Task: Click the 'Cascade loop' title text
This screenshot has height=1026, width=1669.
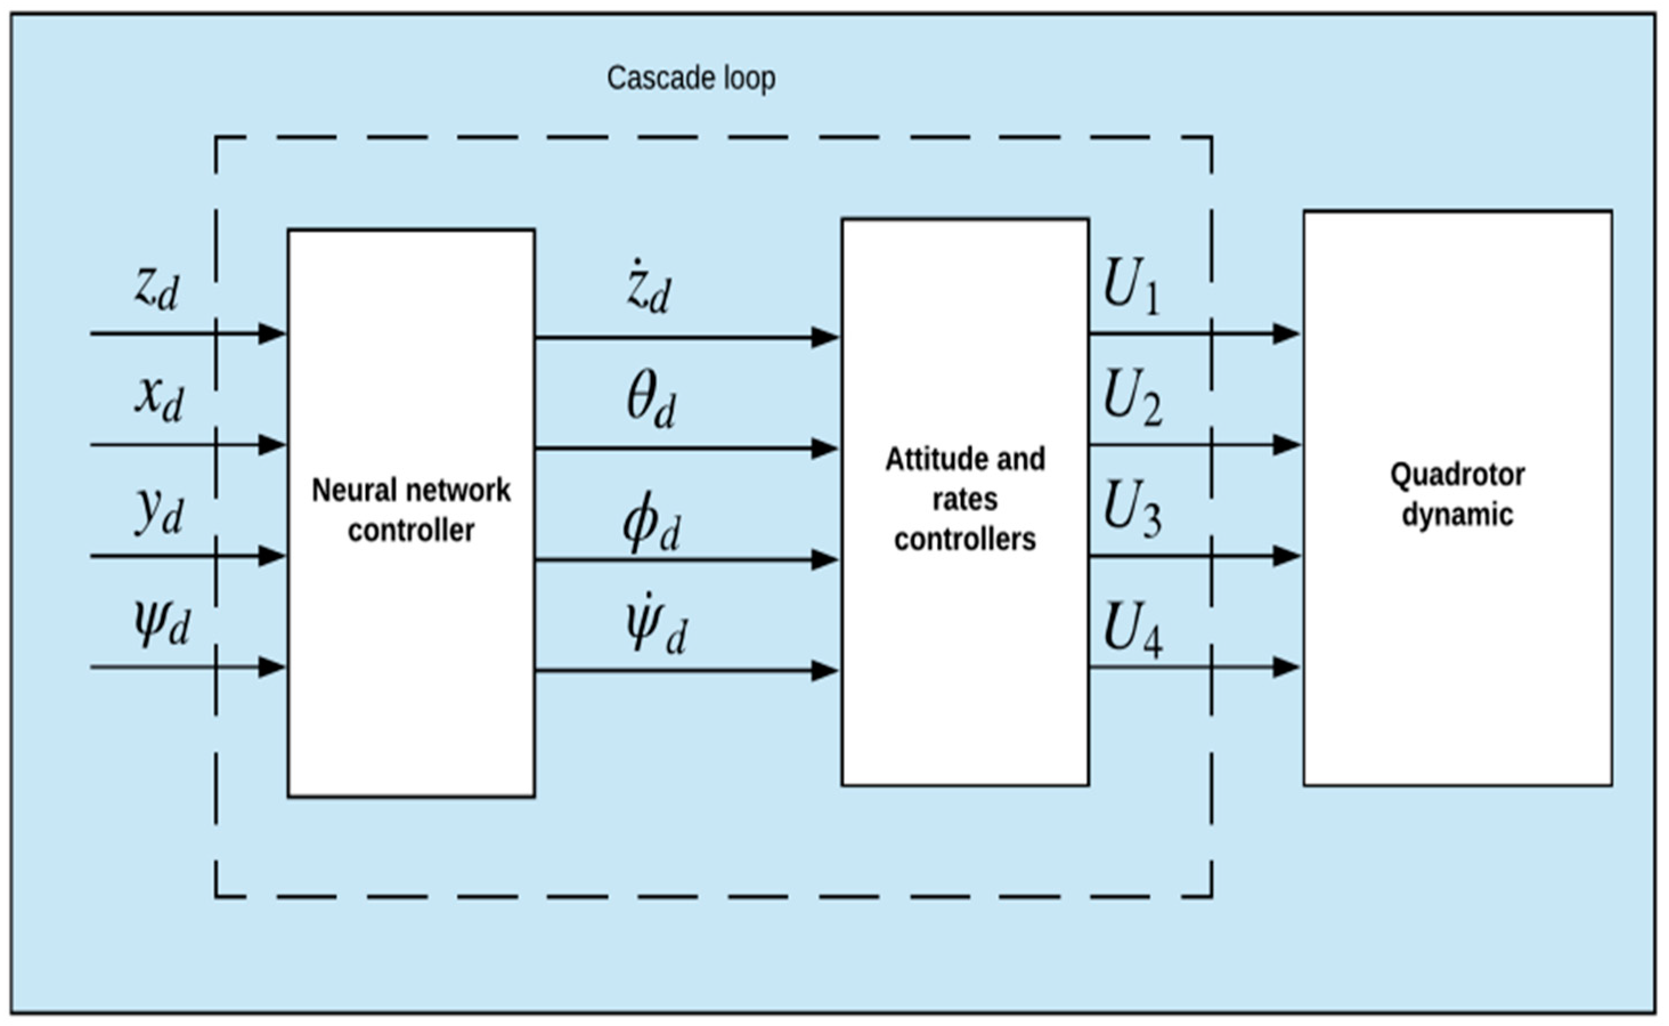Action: coord(691,78)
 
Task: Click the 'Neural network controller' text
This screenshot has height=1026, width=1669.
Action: coord(410,510)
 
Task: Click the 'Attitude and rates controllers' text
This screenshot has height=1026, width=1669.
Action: coord(965,499)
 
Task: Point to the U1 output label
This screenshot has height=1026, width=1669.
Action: coord(1131,287)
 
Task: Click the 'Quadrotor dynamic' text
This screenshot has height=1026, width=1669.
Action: coord(1458,495)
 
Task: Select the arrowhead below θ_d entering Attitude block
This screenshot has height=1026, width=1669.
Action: coord(824,448)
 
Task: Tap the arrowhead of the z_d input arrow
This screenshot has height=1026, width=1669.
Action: coord(271,334)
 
